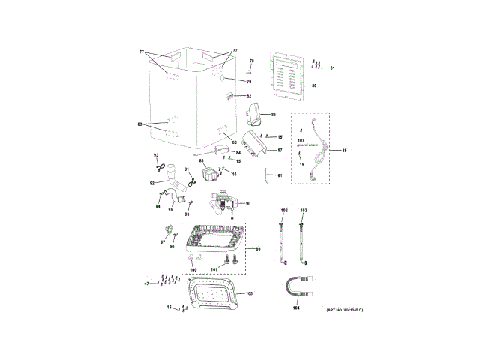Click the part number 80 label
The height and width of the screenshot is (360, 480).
coord(314,86)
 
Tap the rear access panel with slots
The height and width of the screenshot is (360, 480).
coord(288,78)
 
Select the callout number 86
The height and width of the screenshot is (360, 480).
coord(274,115)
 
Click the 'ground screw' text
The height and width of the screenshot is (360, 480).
coord(308,145)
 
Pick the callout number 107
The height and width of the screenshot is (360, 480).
coord(301,140)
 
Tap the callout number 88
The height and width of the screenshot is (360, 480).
coord(201,161)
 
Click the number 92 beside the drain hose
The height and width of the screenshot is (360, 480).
coord(151,183)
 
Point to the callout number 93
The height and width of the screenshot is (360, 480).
coord(157,155)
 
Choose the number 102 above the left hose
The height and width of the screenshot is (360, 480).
coord(283,211)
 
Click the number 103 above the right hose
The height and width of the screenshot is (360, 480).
coord(304,211)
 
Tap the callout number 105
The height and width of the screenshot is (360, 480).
coord(250,293)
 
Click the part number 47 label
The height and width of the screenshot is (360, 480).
coord(147,283)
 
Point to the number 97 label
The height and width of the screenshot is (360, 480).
coord(162,242)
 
